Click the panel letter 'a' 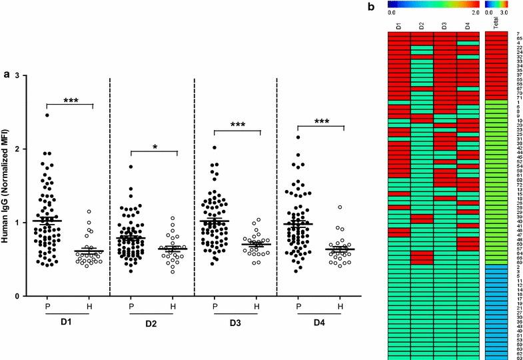tap(7, 75)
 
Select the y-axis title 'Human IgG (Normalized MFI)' tap(5, 184)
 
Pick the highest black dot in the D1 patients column tap(47, 115)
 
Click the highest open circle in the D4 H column tap(339, 207)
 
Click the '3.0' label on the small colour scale tap(504, 13)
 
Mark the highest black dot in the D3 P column tap(215, 147)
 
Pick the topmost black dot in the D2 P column tap(131, 167)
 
